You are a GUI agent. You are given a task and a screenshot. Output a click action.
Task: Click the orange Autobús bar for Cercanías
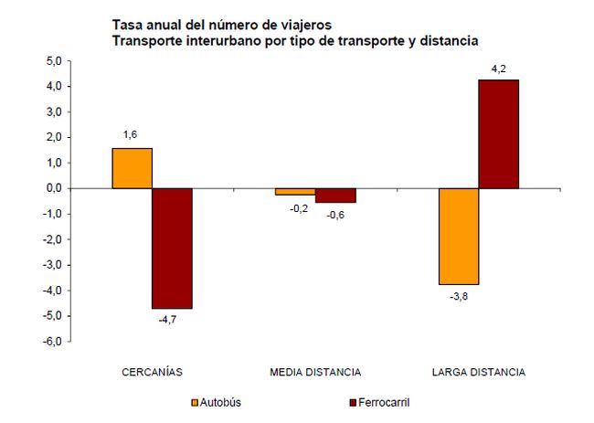[132, 168]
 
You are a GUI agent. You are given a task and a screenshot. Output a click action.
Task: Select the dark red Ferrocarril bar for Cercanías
[172, 249]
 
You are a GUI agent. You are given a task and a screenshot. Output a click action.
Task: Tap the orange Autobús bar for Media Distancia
[295, 192]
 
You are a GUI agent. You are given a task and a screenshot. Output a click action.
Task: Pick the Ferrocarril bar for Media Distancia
[335, 196]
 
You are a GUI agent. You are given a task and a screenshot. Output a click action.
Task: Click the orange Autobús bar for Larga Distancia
[459, 237]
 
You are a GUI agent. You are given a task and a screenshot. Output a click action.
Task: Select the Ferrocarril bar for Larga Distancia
[499, 134]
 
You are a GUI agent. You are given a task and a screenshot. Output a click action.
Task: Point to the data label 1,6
[132, 134]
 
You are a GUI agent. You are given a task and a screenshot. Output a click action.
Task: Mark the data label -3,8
[459, 297]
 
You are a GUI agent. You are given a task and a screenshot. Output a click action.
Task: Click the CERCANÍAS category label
[153, 373]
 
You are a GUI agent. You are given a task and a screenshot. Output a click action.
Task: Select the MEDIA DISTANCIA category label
[315, 373]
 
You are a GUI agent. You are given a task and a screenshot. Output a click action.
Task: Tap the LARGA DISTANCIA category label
[478, 373]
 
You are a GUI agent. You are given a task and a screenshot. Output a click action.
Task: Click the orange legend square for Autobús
[194, 402]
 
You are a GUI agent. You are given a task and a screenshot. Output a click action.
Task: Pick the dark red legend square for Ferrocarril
[353, 402]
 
